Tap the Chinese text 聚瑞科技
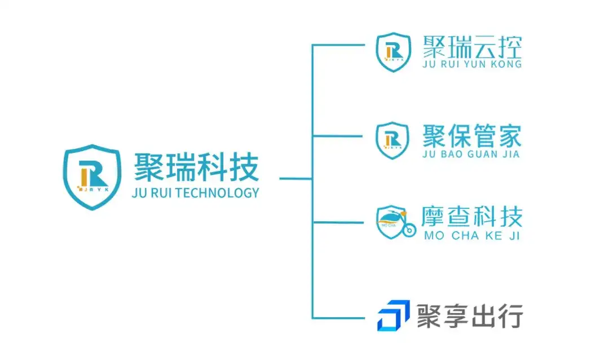point(196,168)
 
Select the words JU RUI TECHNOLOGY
point(195,192)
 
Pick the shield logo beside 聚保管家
point(392,139)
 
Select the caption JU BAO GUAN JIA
point(471,154)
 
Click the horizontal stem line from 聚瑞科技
point(295,179)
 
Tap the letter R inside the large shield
point(95,175)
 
